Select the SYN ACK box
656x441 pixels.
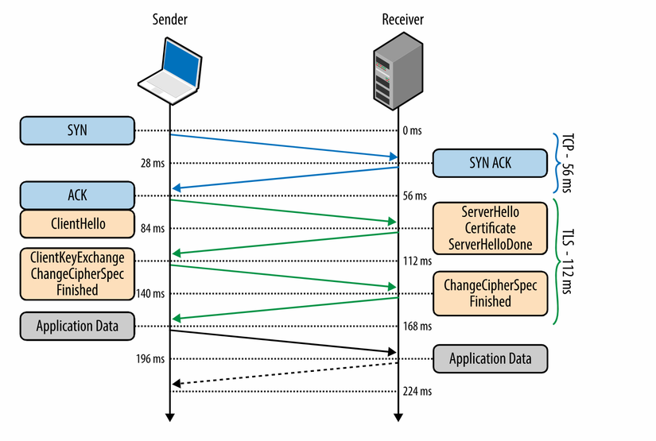pos(490,163)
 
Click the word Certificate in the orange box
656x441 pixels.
pos(490,229)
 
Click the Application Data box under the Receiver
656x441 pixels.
pos(490,358)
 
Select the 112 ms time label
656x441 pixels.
pos(417,261)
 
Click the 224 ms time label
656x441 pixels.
pos(417,391)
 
